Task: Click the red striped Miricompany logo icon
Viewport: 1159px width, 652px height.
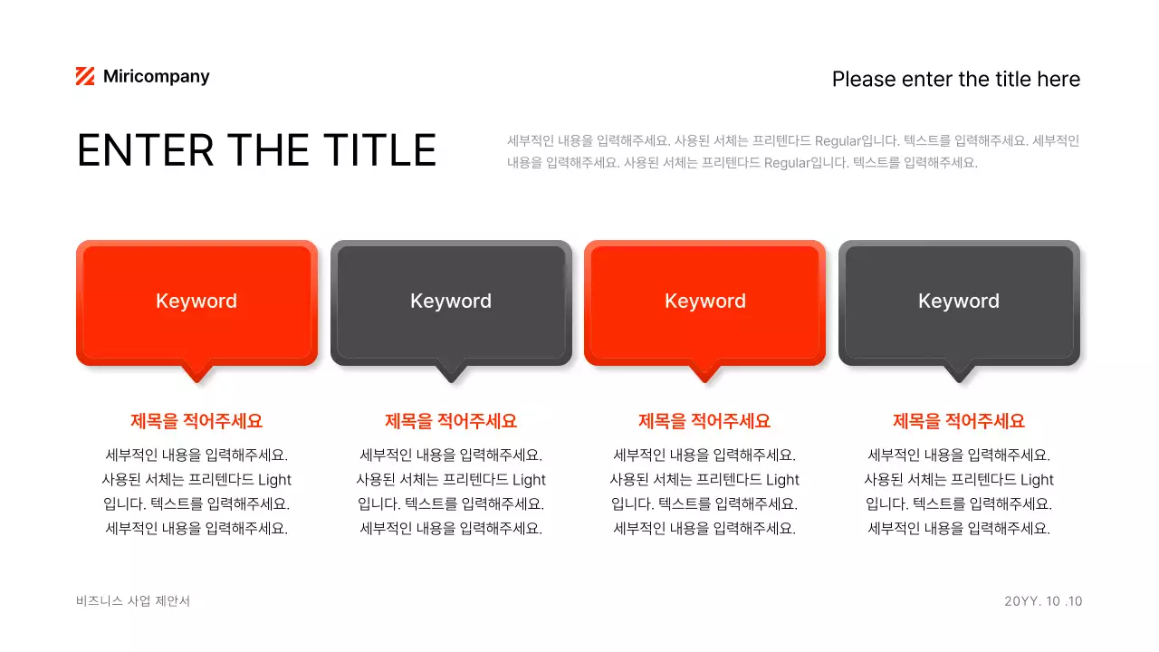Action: tap(85, 77)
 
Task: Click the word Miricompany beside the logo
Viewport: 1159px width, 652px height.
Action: tap(156, 77)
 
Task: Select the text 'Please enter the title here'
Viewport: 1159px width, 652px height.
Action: tap(955, 80)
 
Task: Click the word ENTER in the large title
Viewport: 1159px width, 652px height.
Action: tap(145, 150)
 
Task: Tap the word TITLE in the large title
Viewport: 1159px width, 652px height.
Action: tap(380, 150)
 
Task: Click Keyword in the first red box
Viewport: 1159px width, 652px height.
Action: tap(196, 302)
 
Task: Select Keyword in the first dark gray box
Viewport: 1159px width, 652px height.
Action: tap(451, 302)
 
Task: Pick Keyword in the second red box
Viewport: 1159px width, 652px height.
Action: tap(705, 302)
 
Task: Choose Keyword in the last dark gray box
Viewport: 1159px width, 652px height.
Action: tap(959, 302)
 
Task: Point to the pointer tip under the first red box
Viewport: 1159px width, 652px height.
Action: tap(196, 378)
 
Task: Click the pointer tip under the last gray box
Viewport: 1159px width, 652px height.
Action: tap(959, 378)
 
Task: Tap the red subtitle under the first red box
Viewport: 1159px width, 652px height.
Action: tap(196, 421)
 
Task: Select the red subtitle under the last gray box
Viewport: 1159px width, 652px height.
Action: tap(959, 421)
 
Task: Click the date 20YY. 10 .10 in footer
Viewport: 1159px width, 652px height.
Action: tap(1043, 601)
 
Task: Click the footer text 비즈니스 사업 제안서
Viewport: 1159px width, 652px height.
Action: tap(133, 601)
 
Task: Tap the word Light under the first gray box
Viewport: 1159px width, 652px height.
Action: tap(529, 480)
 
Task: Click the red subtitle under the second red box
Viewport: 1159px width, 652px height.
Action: tap(704, 421)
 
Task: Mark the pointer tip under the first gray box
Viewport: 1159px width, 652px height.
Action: tap(451, 378)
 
